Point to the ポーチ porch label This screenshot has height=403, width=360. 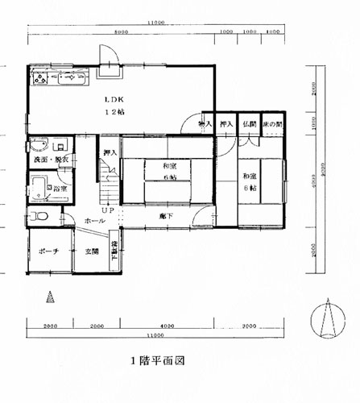coord(48,251)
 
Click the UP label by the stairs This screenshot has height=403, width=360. coord(107,211)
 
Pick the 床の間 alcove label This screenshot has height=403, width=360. coord(274,125)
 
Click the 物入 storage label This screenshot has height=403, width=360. coord(205,125)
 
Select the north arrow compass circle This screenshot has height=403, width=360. coord(327,320)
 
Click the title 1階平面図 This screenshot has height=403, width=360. coord(158,361)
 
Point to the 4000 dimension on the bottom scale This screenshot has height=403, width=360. coord(166,326)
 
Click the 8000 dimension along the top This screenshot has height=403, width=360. coord(120,33)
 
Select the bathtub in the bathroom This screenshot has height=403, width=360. coord(38,189)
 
